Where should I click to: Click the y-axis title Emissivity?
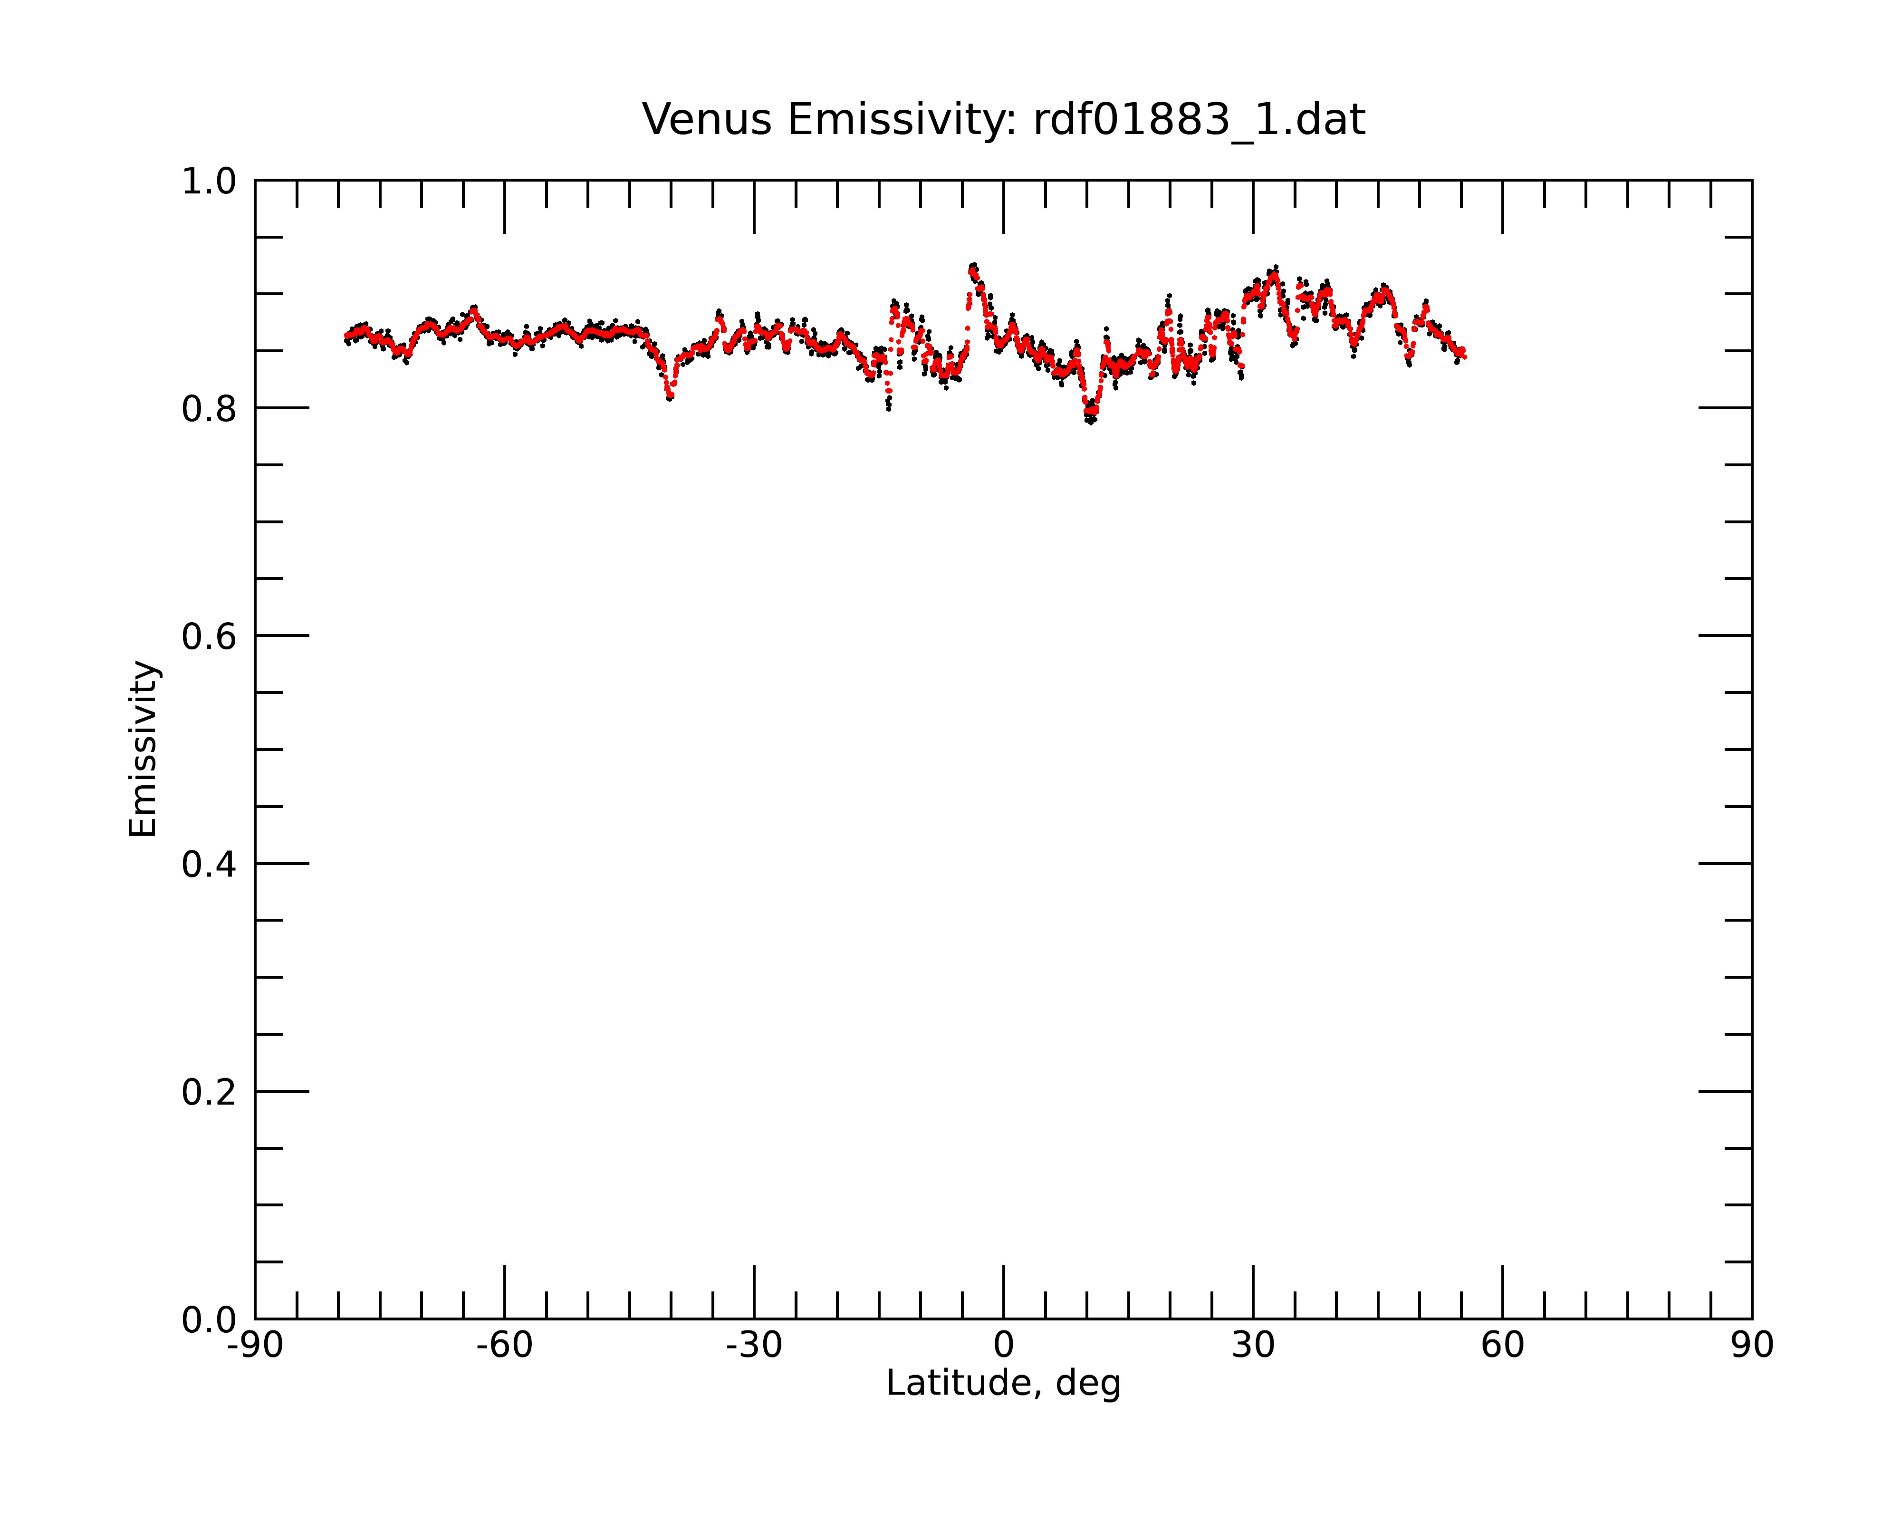point(143,749)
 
